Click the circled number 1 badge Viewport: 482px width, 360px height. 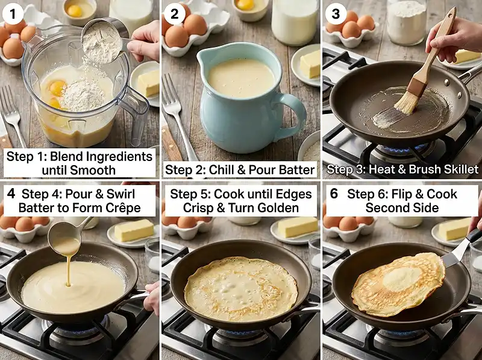[x=13, y=13]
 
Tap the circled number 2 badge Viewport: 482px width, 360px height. [x=174, y=13]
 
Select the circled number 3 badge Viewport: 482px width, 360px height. [x=336, y=13]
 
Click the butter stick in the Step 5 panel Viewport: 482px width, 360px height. [x=297, y=227]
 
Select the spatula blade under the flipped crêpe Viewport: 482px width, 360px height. [x=454, y=255]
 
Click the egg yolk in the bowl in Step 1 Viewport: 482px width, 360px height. [x=75, y=11]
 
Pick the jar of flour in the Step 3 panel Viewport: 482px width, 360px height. [x=406, y=22]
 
